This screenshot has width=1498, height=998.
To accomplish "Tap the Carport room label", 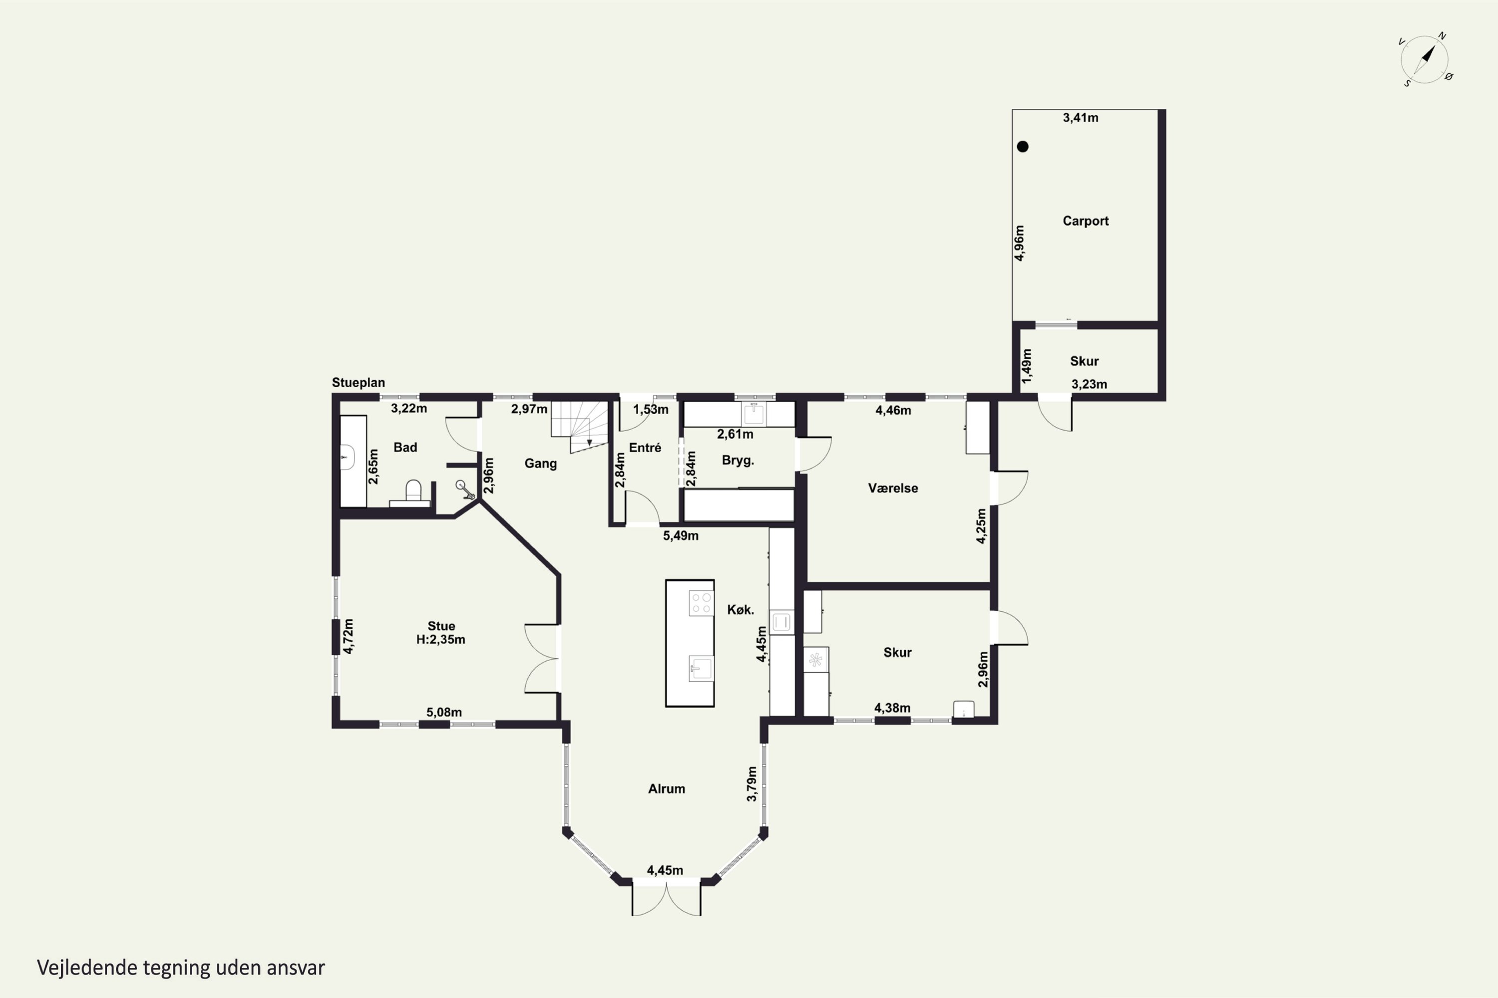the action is pyautogui.click(x=1085, y=221).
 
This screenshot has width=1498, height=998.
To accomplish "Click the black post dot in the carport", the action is pyautogui.click(x=1023, y=146).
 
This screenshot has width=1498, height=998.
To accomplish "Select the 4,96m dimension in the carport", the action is pyautogui.click(x=1020, y=243).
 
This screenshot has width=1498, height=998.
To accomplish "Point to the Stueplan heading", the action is pyautogui.click(x=358, y=383).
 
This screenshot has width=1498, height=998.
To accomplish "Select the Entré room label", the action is pyautogui.click(x=645, y=448).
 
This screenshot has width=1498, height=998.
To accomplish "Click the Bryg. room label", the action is pyautogui.click(x=738, y=460).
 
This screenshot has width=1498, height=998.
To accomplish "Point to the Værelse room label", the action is pyautogui.click(x=893, y=488).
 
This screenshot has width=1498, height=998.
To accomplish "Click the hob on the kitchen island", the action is pyautogui.click(x=701, y=603).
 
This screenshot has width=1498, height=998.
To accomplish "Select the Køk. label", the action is pyautogui.click(x=741, y=610).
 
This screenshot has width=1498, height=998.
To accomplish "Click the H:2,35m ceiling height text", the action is pyautogui.click(x=441, y=640).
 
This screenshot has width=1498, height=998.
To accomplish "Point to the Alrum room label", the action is pyautogui.click(x=667, y=788).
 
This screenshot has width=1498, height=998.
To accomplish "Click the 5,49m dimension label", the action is pyautogui.click(x=681, y=536).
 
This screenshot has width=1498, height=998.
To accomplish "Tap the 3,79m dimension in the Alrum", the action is pyautogui.click(x=751, y=783).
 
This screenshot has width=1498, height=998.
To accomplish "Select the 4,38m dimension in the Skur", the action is pyautogui.click(x=892, y=708).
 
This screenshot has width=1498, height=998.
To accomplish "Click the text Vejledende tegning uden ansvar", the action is pyautogui.click(x=181, y=968).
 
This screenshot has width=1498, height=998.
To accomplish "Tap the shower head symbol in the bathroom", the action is pyautogui.click(x=465, y=489).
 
